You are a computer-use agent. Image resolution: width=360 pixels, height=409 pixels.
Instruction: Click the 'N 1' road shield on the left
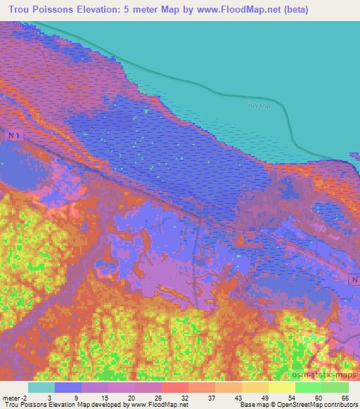click(15, 134)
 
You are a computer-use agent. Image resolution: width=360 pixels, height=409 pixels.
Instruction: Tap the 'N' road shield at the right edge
click(353, 280)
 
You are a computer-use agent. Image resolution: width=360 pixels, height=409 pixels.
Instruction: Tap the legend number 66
click(345, 397)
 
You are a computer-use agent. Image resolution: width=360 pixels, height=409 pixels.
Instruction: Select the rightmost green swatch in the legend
click(335, 387)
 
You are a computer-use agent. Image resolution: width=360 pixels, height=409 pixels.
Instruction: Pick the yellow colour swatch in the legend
click(281, 387)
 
